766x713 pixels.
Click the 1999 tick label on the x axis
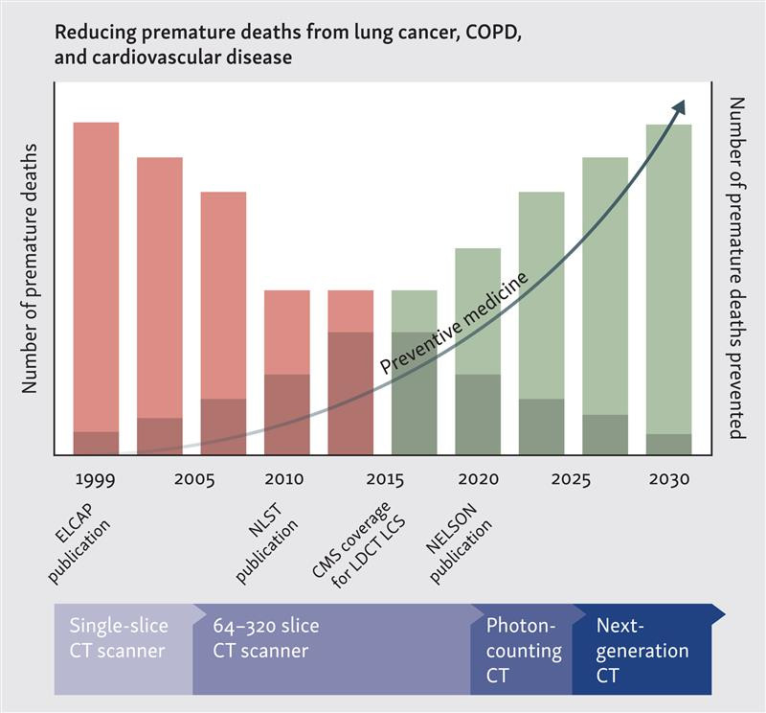(96, 479)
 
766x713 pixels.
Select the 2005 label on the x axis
(194, 479)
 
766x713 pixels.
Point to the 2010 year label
(285, 479)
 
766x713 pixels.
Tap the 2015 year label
(383, 479)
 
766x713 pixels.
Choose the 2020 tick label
(477, 479)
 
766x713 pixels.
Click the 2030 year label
(668, 479)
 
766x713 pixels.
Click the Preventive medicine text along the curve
(454, 324)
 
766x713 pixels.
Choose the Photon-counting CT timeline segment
(522, 649)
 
